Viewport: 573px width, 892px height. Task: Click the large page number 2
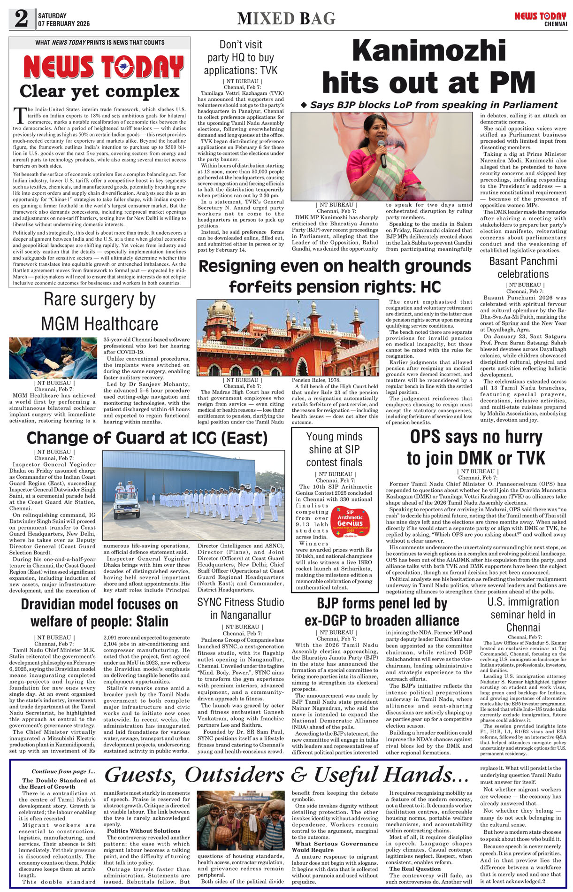click(21, 19)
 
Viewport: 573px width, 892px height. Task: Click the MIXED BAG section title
click(286, 18)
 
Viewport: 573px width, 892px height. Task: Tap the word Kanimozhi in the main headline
click(429, 51)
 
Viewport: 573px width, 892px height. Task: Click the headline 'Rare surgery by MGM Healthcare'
click(99, 312)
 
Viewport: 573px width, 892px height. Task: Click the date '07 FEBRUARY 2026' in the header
click(64, 23)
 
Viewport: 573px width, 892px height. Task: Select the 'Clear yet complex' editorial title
click(99, 91)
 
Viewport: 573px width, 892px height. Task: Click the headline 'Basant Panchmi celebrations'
click(523, 268)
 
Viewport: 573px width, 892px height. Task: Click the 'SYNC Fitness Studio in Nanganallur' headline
click(241, 608)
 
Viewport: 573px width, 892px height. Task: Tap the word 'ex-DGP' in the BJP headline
click(328, 621)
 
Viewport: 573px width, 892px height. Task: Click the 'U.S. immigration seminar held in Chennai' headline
click(523, 615)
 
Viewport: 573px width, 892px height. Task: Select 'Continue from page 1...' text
click(63, 771)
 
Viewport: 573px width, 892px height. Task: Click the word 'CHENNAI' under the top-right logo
click(556, 24)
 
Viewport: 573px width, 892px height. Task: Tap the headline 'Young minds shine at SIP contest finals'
click(335, 449)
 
